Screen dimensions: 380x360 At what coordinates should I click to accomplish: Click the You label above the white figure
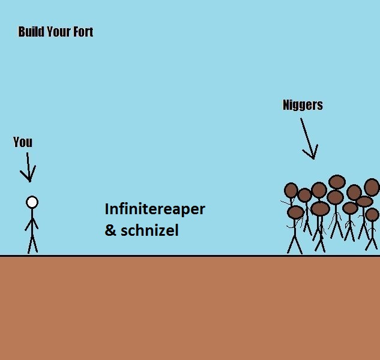point(23,142)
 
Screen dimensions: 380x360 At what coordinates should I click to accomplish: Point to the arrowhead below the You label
point(29,174)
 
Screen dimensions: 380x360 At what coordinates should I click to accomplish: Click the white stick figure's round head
point(32,202)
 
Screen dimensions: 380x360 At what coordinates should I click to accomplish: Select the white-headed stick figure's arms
point(32,224)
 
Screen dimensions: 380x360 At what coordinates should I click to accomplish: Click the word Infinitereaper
point(155,209)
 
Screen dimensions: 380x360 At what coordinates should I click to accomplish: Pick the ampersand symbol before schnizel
point(110,230)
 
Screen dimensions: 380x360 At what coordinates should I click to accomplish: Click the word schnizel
point(149,230)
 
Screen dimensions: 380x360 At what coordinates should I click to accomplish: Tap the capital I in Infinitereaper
point(106,209)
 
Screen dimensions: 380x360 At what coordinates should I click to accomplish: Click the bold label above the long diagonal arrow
point(303,105)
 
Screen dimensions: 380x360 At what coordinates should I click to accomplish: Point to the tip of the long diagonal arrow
point(314,160)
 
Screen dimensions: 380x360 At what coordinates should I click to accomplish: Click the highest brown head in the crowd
point(337,182)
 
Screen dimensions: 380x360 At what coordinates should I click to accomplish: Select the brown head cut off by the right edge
point(372,187)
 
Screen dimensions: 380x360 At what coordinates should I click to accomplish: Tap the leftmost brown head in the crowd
point(291,190)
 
